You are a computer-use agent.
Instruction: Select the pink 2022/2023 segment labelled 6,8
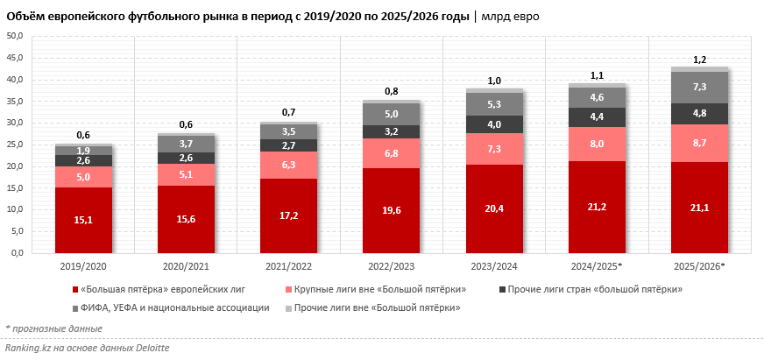click(x=391, y=153)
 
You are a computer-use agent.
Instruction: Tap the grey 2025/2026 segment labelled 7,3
click(x=700, y=88)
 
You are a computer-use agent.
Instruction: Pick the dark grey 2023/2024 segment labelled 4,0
click(x=494, y=124)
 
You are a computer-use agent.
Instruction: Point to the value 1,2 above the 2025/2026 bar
click(x=700, y=60)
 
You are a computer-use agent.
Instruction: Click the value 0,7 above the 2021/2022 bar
click(x=288, y=113)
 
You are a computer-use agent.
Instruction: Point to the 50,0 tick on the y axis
click(x=16, y=36)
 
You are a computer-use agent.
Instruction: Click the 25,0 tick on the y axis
click(x=16, y=145)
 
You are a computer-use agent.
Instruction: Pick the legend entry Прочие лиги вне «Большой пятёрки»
click(x=377, y=307)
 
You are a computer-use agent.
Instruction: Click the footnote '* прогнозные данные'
click(x=53, y=329)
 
